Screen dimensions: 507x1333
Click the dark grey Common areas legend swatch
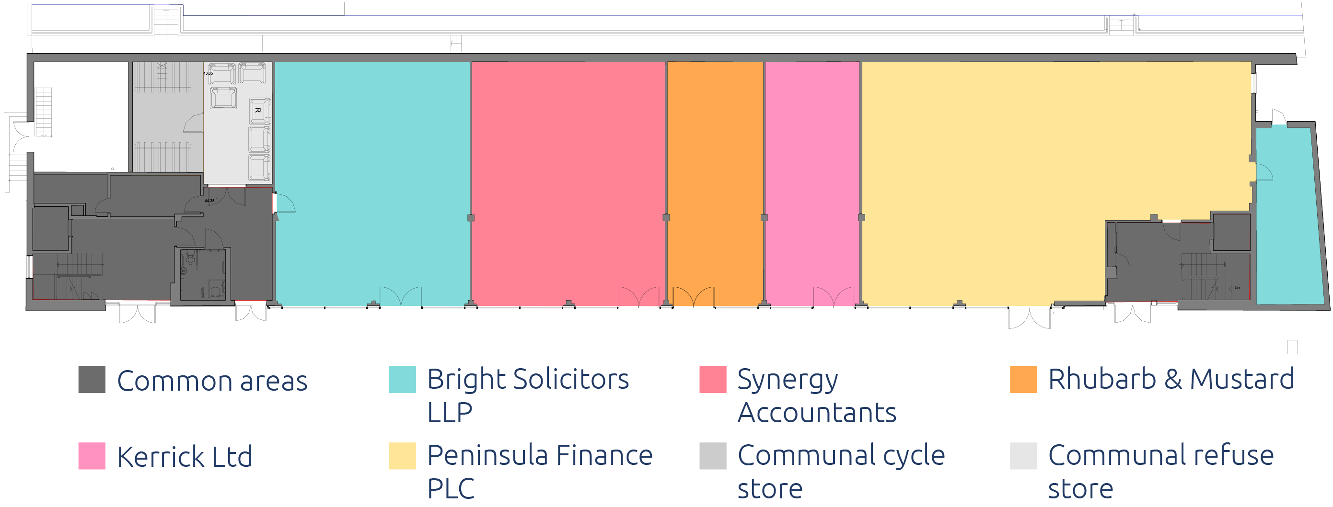[x=92, y=379]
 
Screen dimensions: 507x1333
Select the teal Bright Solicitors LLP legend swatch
[x=402, y=379]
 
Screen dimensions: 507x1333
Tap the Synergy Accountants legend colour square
[x=713, y=379]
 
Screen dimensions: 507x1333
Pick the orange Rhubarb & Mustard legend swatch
[x=1023, y=379]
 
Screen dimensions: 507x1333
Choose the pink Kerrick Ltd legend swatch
[x=92, y=456]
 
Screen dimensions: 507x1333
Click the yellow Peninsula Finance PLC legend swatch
[x=402, y=456]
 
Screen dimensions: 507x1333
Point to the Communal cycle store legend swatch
[x=713, y=456]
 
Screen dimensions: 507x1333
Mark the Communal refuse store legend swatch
[x=1023, y=456]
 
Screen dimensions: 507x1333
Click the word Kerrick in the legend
[x=161, y=457]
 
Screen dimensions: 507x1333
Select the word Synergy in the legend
[x=787, y=381]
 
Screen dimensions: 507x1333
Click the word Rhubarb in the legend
[x=1101, y=379]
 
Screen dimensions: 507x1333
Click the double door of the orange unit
[x=694, y=297]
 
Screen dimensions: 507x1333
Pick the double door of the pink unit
[x=833, y=297]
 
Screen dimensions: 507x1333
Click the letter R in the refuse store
[x=257, y=110]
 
